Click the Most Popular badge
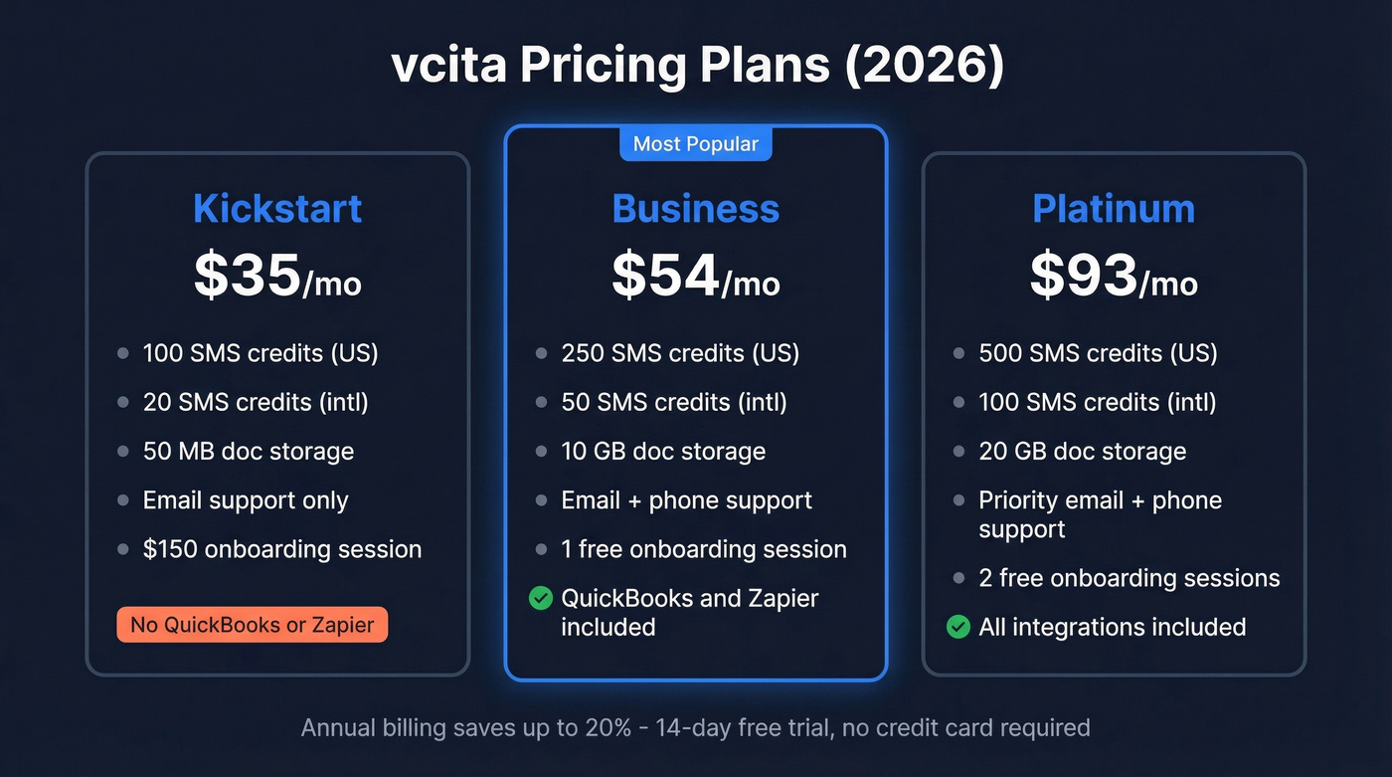[x=696, y=144]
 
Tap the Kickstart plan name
[x=277, y=209]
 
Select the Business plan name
[x=696, y=209]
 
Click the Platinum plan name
[x=1114, y=209]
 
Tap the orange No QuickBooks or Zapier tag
[x=253, y=625]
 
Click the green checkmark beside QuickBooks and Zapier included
[x=541, y=598]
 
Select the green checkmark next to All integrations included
[x=958, y=627]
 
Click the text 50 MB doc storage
[x=249, y=451]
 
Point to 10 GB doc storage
[x=663, y=451]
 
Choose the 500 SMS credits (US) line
[x=1098, y=353]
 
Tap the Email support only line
[x=246, y=500]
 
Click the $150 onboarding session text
[x=282, y=549]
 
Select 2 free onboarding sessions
[x=1130, y=578]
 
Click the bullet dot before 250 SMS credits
[x=541, y=353]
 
